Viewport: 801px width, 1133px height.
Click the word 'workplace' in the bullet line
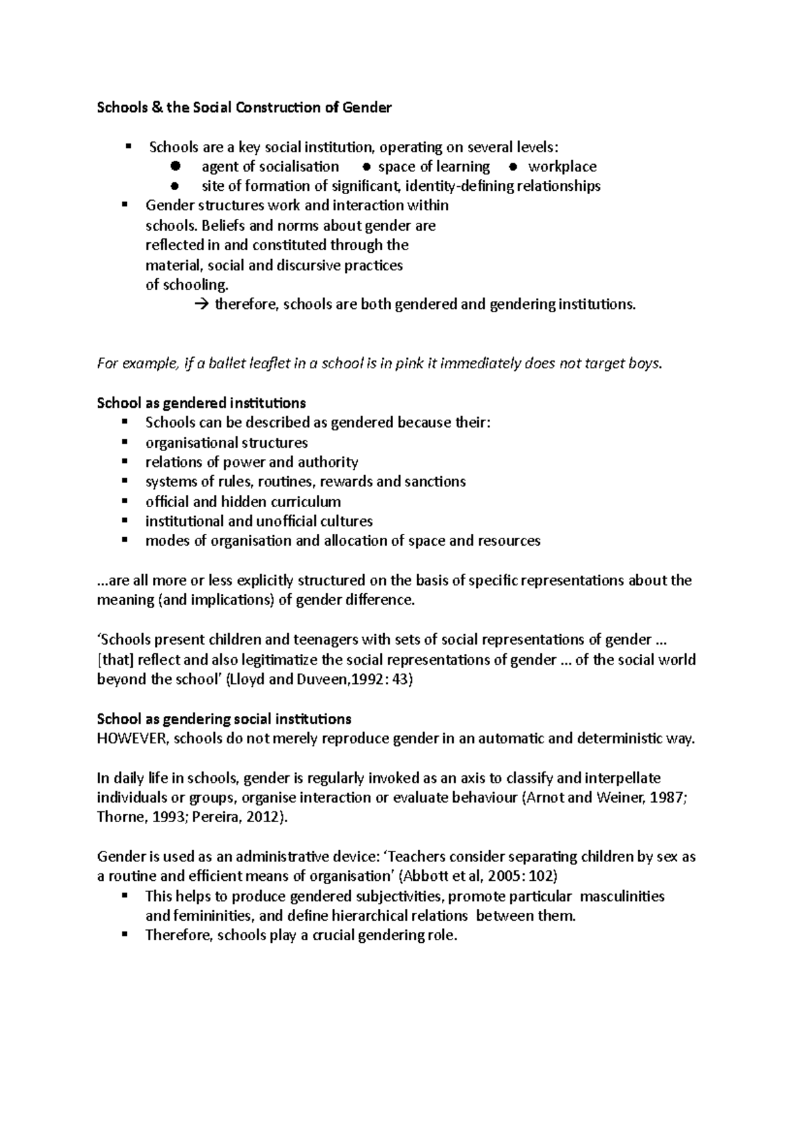(x=562, y=167)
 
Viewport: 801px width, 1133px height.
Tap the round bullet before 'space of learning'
(x=366, y=167)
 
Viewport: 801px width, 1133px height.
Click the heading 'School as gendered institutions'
(x=202, y=404)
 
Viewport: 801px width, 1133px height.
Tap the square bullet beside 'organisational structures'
(x=124, y=442)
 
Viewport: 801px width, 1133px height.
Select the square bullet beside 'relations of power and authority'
(x=124, y=462)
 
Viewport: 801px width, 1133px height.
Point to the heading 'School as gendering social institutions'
(x=224, y=719)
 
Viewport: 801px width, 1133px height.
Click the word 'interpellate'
(x=623, y=779)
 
